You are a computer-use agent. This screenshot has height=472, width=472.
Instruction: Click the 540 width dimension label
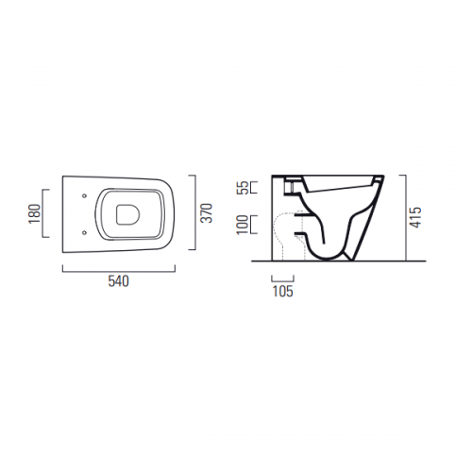[119, 281]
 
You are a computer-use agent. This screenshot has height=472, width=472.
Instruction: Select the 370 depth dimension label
[207, 213]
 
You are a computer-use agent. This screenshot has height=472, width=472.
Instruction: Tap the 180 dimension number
[35, 213]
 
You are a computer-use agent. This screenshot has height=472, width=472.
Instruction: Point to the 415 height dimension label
[414, 217]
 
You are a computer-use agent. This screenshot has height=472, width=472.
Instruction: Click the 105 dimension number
[282, 291]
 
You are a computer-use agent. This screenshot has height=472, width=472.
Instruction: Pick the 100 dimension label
[243, 225]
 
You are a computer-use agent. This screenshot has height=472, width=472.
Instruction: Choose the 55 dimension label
[244, 188]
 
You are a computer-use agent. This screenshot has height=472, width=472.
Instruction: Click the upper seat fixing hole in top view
[84, 195]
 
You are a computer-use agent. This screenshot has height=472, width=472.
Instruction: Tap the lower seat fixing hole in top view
[84, 232]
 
